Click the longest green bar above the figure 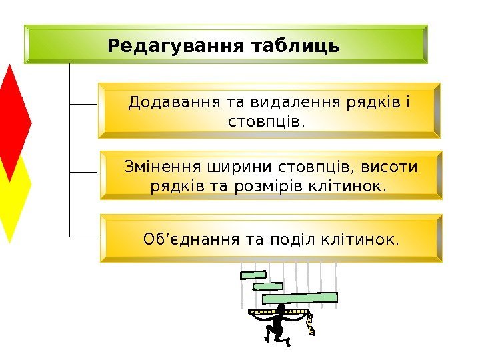coord(309,298)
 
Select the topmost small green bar coord(253,274)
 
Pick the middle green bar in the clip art coord(268,286)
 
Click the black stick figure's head coord(281,309)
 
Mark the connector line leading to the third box coord(84,236)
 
